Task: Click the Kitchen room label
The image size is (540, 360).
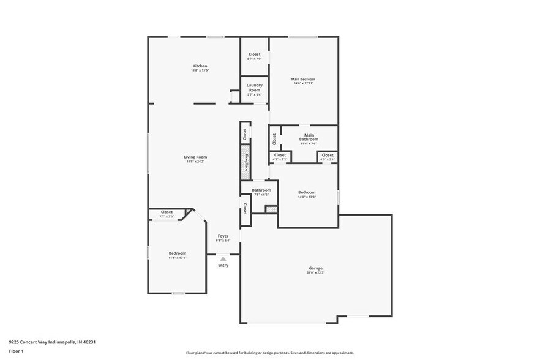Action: (x=200, y=66)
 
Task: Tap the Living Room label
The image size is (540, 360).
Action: (x=195, y=157)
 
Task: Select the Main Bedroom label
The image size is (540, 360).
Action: (x=304, y=80)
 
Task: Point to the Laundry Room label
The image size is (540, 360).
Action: (x=254, y=88)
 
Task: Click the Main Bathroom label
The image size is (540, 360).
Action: (x=309, y=137)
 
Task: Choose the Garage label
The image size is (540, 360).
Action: (x=315, y=268)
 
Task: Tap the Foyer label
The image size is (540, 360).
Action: (x=223, y=236)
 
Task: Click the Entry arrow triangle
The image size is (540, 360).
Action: (x=223, y=259)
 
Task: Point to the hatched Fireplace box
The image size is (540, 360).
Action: (x=244, y=162)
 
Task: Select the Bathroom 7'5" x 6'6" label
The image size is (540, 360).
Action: (x=261, y=190)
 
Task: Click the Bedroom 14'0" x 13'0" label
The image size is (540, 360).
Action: (x=307, y=192)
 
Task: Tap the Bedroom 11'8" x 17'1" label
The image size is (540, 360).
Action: (x=178, y=253)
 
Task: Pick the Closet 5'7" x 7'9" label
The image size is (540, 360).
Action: (x=254, y=54)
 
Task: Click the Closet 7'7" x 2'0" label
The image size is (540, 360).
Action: (x=167, y=212)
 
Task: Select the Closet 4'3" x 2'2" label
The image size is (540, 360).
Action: (x=280, y=156)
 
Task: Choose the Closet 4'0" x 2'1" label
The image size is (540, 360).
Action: (x=328, y=156)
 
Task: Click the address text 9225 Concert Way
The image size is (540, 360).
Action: (x=52, y=342)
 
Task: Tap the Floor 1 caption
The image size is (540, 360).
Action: (x=16, y=351)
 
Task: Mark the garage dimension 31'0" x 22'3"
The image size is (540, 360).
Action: (x=315, y=272)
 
